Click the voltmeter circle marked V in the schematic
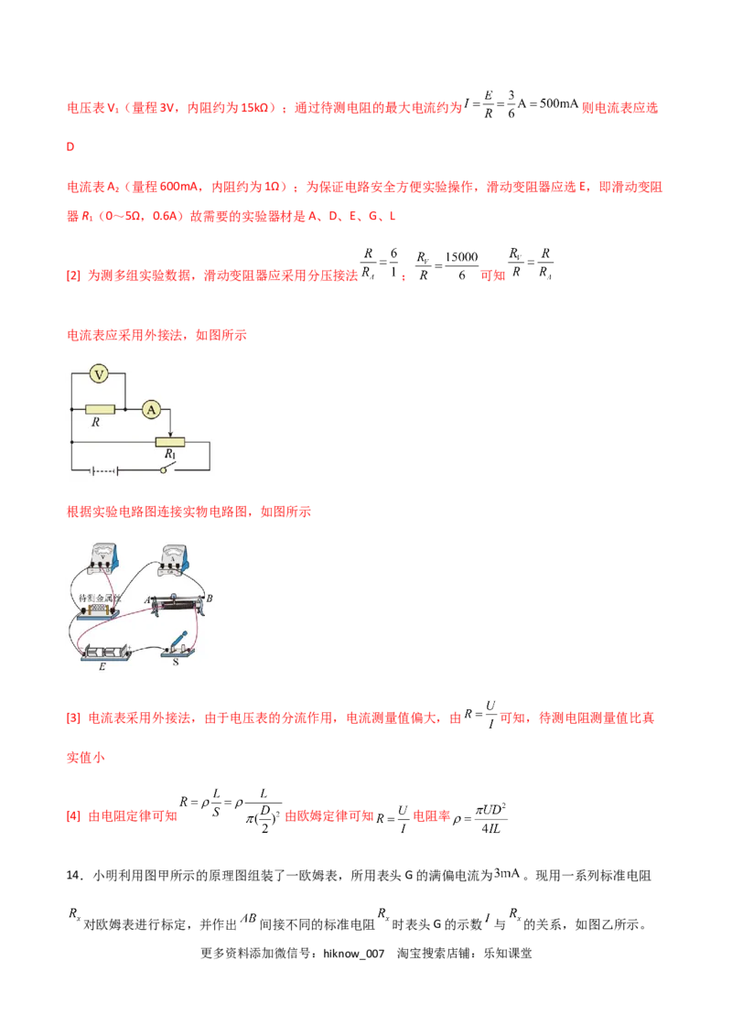(99, 374)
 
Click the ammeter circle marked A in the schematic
(151, 410)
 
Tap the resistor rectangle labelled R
(100, 410)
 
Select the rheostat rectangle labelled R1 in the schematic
(170, 442)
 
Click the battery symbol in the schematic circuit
(104, 470)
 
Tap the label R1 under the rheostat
(170, 455)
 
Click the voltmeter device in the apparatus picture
(103, 558)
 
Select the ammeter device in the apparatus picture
(174, 559)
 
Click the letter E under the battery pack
(102, 666)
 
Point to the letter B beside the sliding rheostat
(210, 599)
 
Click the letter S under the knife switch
(176, 662)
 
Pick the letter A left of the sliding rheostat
(147, 600)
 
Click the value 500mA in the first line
(559, 103)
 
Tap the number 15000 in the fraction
(461, 257)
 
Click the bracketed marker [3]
(73, 718)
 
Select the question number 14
(72, 876)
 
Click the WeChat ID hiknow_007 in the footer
(353, 954)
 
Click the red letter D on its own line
(70, 146)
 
